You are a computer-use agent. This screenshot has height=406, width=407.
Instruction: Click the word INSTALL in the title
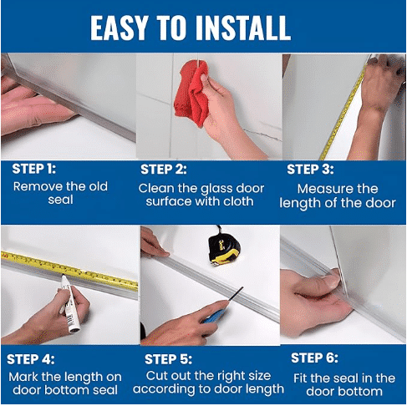[243, 28]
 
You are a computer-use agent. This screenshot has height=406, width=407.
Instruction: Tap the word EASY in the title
[119, 28]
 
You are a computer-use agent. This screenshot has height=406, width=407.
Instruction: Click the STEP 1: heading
[33, 169]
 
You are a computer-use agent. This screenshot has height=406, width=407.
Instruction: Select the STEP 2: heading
[163, 170]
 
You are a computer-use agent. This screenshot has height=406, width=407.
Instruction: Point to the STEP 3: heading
[310, 170]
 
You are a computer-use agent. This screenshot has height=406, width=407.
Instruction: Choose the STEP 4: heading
[31, 359]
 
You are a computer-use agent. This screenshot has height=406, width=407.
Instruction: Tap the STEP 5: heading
[168, 359]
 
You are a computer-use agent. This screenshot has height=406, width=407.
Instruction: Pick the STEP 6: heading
[314, 358]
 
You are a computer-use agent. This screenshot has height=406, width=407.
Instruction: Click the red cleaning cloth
[191, 92]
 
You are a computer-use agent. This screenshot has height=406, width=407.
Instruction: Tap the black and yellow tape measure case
[224, 248]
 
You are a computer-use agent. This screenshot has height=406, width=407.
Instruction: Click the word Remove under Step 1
[31, 186]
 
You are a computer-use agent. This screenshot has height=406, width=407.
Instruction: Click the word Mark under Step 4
[23, 377]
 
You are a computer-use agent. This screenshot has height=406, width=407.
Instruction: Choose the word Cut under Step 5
[156, 376]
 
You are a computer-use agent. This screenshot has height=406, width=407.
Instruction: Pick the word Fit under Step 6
[300, 378]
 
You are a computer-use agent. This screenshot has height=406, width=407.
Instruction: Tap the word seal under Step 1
[60, 200]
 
